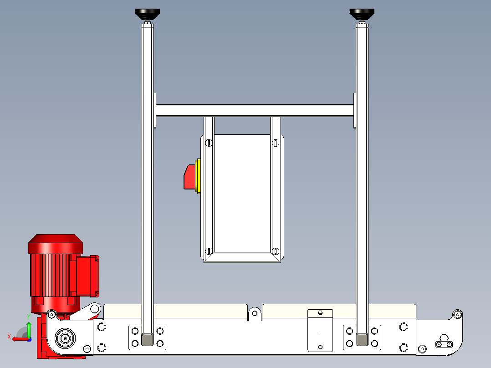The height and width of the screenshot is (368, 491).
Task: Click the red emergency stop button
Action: tap(189, 177)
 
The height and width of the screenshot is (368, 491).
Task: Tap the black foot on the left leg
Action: tap(147, 14)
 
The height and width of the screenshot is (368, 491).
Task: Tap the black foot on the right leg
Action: tap(362, 14)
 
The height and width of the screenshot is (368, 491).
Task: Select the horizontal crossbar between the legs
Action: tap(255, 111)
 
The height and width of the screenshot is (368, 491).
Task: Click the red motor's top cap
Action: tap(56, 244)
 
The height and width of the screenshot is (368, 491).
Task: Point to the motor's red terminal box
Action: tap(87, 276)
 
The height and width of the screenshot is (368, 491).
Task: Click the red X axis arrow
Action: tap(20, 339)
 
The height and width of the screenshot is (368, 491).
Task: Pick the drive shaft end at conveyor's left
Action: tap(65, 338)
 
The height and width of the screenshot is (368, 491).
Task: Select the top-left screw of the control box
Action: tap(209, 143)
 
